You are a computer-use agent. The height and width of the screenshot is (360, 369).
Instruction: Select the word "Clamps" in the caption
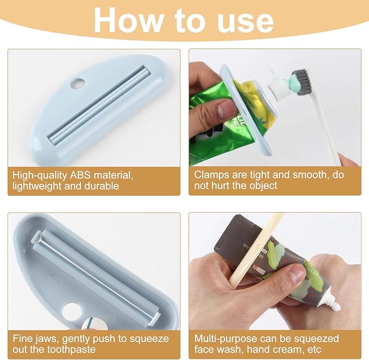211,175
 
